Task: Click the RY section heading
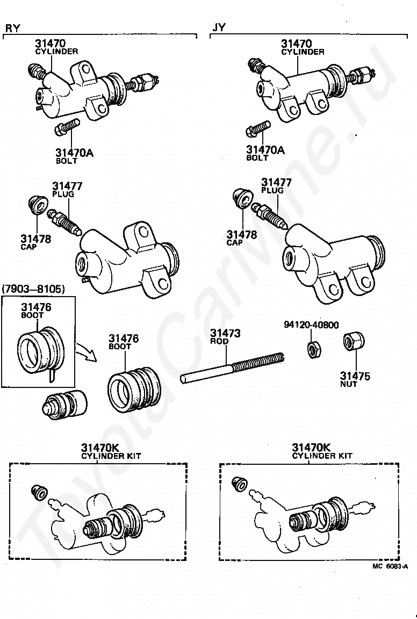pos(12,28)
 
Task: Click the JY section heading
pos(219,27)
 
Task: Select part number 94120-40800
pos(311,325)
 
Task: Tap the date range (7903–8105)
pos(33,289)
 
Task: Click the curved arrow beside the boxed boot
pos(85,351)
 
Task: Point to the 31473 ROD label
pos(225,337)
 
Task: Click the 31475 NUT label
pos(355,379)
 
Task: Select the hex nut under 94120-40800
pos(314,350)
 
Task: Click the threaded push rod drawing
pos(232,368)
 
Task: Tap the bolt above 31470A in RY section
pos(68,127)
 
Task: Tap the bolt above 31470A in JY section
pos(258,129)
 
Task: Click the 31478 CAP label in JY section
pos(242,238)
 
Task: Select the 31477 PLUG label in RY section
pos(68,190)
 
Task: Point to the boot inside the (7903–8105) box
pos(40,350)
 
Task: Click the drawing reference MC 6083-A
pos(390,566)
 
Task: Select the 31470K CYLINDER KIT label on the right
pos(322,451)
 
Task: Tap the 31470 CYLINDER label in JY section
pos(303,47)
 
